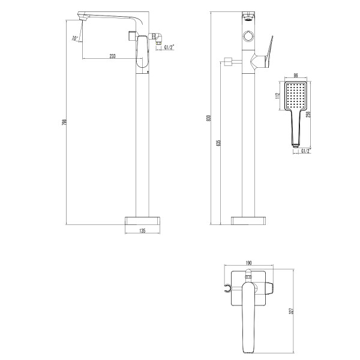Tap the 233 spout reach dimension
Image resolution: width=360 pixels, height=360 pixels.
click(x=112, y=55)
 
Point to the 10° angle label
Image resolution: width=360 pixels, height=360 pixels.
click(x=74, y=38)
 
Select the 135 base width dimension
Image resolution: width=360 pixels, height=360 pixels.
click(x=143, y=230)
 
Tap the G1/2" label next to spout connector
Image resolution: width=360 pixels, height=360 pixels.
click(x=169, y=47)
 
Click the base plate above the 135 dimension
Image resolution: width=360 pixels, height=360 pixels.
click(x=143, y=220)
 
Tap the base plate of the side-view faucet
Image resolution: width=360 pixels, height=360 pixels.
click(x=247, y=220)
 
